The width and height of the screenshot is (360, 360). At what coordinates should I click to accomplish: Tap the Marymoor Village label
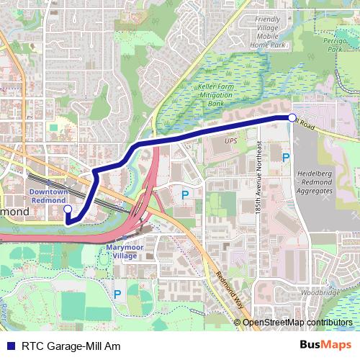click(121, 251)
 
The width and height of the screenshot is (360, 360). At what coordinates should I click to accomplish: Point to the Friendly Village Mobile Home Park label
click(267, 32)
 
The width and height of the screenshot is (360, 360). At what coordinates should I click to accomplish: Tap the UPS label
click(230, 141)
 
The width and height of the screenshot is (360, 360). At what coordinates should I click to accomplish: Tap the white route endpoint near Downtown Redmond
click(68, 210)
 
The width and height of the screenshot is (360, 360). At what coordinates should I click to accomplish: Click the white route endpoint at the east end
click(292, 117)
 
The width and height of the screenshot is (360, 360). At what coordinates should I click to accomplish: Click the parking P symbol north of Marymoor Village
click(185, 194)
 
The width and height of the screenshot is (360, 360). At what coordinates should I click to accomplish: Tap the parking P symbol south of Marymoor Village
click(117, 294)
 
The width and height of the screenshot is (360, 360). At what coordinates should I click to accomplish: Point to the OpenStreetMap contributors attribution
click(297, 323)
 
